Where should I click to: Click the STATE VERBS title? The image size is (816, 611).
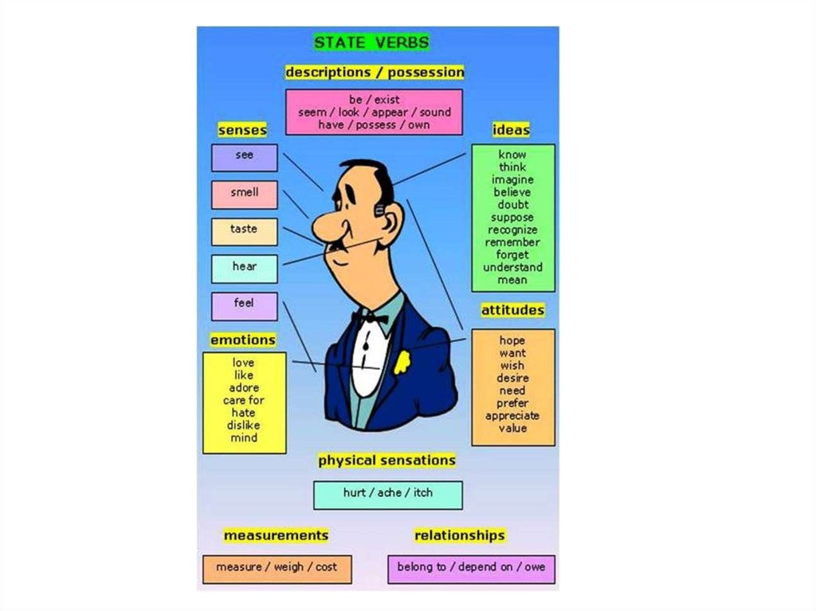pos(371,42)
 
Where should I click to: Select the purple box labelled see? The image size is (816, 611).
pos(244,157)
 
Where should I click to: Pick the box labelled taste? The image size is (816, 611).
pos(244,231)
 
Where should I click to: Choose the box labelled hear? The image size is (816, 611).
pos(244,268)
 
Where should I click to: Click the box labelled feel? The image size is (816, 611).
pos(244,305)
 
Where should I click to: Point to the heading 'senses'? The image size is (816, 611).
pos(242,129)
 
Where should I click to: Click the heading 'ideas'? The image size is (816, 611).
pos(511,130)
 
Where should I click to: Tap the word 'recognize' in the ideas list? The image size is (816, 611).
pos(513,230)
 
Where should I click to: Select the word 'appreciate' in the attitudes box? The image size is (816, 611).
pos(512,416)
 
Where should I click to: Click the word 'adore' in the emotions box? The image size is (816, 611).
pos(244,388)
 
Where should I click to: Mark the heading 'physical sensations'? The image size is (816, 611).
pos(386,460)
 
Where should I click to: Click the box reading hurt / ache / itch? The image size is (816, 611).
pos(387,494)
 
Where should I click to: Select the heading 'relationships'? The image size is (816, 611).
pos(460,535)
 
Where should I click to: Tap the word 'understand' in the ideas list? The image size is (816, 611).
pos(513,268)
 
